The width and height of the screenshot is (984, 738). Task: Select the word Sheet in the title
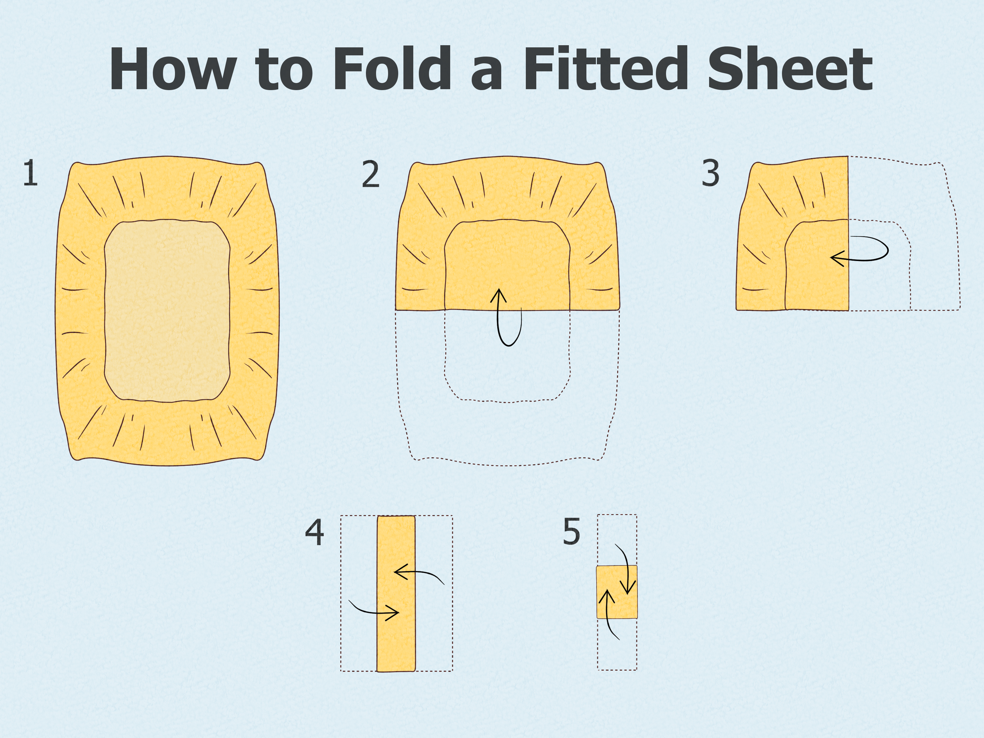coord(790,69)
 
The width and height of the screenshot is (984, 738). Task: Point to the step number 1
coord(30,173)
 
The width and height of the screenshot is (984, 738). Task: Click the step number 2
coord(371,174)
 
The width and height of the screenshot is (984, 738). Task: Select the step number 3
coord(710,173)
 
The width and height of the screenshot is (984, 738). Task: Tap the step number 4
coord(315,533)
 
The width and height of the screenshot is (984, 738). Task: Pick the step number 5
coord(572,532)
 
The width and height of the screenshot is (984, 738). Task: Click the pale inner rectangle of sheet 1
coord(167,311)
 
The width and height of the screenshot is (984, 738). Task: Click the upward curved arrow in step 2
coord(507,318)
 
